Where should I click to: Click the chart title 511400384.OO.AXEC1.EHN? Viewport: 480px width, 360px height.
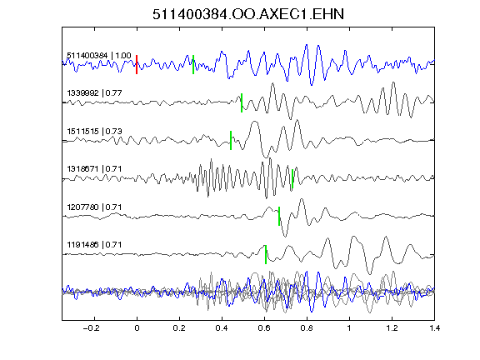click(x=248, y=14)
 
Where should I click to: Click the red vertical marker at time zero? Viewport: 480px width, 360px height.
click(x=137, y=65)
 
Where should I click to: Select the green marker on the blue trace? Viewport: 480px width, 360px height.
click(x=193, y=65)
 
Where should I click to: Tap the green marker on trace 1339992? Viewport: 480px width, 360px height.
click(x=242, y=102)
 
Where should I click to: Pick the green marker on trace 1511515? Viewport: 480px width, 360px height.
click(x=231, y=141)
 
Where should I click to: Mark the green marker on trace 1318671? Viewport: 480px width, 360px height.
click(x=292, y=179)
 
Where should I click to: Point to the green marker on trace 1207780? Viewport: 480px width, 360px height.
click(x=279, y=217)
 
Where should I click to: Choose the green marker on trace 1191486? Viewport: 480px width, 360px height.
click(x=266, y=254)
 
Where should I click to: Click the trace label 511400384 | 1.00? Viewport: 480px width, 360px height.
click(x=99, y=56)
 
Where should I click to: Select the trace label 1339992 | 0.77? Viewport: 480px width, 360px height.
click(x=95, y=93)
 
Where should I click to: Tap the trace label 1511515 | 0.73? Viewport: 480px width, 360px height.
click(x=95, y=132)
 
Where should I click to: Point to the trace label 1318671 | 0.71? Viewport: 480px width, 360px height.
click(x=95, y=169)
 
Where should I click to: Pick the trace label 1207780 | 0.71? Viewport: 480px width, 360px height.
click(x=95, y=207)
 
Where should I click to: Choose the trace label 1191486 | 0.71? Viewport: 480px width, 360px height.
click(x=95, y=245)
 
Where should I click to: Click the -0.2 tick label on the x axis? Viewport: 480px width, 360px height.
click(x=92, y=328)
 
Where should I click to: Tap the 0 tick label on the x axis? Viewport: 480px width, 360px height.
click(x=137, y=328)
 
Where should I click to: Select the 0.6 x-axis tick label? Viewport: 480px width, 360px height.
click(x=264, y=328)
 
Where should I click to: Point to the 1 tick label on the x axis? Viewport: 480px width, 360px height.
click(x=349, y=328)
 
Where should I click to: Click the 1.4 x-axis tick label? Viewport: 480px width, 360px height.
click(x=434, y=328)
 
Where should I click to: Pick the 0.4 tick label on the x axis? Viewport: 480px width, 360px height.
click(x=222, y=328)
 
